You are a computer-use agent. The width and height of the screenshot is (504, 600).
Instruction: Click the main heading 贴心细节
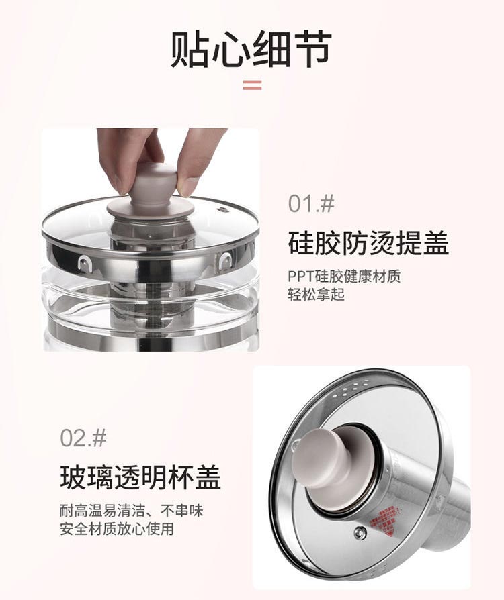pos(251,49)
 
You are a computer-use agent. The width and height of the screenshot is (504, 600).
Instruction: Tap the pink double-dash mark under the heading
pos(252,85)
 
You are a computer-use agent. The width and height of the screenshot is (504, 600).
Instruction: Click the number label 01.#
pos(311,203)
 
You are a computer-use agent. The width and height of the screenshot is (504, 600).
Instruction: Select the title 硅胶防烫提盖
pos(368,243)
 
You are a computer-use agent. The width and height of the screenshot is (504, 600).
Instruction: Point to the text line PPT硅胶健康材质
pos(345,276)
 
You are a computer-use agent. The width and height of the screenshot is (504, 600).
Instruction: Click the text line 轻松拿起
pos(317,295)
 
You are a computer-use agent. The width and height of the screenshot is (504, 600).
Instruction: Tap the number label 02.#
pos(83,438)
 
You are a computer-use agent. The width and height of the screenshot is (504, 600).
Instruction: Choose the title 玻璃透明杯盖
pos(140,477)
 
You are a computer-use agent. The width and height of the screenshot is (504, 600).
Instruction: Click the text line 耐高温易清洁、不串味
pos(132,511)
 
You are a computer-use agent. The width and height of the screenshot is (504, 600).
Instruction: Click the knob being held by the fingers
pos(153,184)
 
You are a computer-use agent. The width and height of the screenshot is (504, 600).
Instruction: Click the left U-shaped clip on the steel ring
pos(84,264)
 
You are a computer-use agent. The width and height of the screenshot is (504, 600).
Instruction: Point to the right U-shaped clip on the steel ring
pos(225,261)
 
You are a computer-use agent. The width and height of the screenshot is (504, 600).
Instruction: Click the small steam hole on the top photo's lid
pos(222,209)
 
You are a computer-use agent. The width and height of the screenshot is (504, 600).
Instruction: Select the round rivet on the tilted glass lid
pos(360,533)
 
